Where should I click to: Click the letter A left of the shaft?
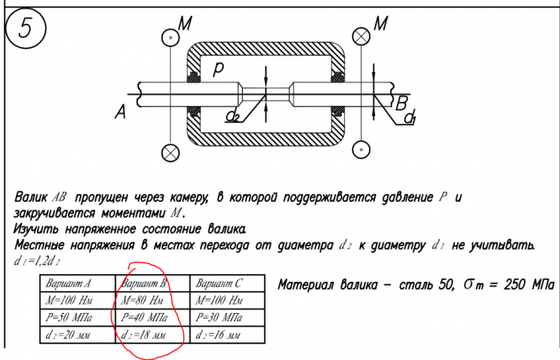tap(119, 111)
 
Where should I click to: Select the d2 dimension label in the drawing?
tap(233, 115)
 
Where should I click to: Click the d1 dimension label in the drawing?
tap(409, 119)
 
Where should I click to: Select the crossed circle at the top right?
tap(362, 35)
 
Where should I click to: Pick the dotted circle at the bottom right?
tap(362, 151)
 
